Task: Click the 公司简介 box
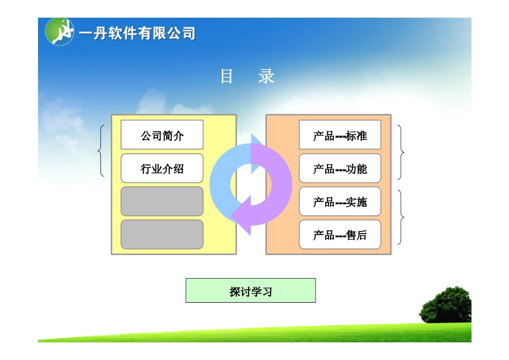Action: click(x=162, y=135)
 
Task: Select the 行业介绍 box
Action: click(x=162, y=169)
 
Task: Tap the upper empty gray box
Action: click(x=162, y=201)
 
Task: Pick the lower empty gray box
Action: click(x=162, y=235)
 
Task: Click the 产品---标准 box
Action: click(x=340, y=135)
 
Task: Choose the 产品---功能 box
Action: click(x=340, y=169)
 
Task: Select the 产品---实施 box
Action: click(x=340, y=201)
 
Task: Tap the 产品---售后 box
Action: click(x=340, y=235)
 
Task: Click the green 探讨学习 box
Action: click(x=250, y=290)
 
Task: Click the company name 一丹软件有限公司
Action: click(x=137, y=34)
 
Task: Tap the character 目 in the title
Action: click(x=227, y=77)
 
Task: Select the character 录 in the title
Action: click(x=266, y=77)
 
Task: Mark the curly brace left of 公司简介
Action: click(x=102, y=151)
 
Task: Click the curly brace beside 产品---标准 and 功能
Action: click(x=401, y=152)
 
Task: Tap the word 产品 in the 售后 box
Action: click(x=324, y=235)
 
